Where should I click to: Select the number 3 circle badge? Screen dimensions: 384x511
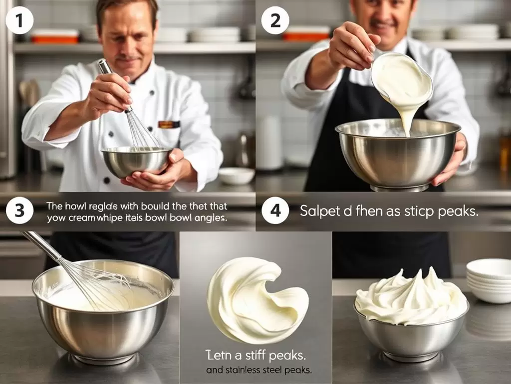[20, 210]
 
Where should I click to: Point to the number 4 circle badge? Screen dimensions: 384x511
[275, 210]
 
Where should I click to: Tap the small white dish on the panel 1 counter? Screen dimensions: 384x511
[237, 175]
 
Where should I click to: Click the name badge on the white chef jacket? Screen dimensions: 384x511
[169, 124]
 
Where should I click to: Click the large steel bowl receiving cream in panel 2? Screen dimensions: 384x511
[397, 152]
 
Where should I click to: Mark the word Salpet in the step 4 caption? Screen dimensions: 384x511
[318, 211]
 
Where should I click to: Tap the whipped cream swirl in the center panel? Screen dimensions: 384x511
[255, 295]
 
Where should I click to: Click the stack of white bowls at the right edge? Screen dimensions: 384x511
[489, 280]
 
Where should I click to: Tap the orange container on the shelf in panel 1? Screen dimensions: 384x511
[55, 36]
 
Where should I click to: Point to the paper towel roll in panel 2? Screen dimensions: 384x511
[270, 143]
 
